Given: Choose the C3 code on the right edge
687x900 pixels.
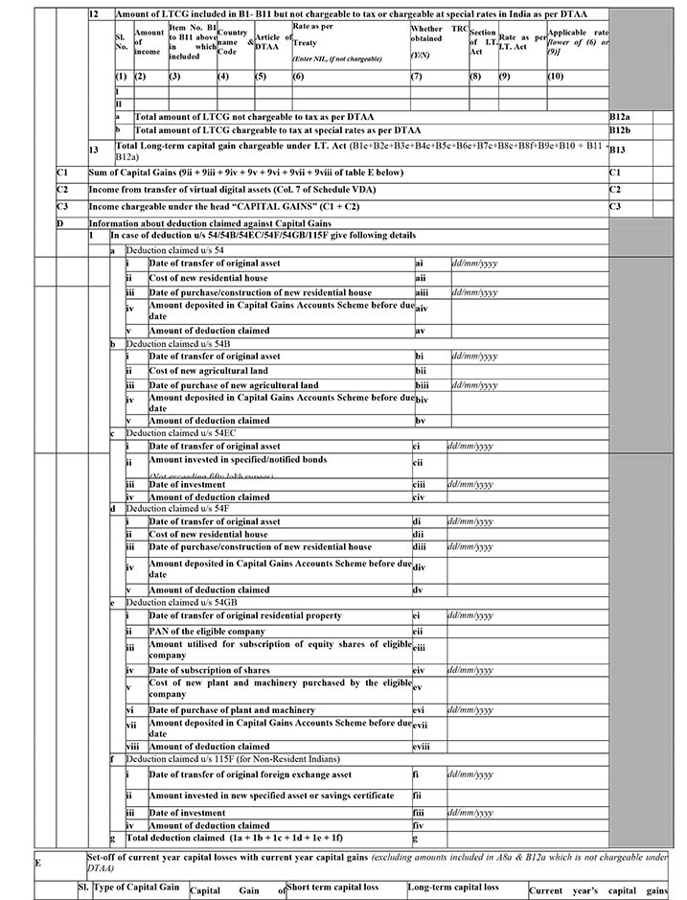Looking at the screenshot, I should point(615,206).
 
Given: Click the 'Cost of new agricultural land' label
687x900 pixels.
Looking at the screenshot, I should point(208,370).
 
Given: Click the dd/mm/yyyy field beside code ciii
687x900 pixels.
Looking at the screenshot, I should point(470,485).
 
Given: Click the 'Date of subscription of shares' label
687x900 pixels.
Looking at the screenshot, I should point(209,671).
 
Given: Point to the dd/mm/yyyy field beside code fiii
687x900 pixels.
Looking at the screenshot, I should point(470,813).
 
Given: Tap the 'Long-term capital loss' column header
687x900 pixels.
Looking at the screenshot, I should point(453,888).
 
